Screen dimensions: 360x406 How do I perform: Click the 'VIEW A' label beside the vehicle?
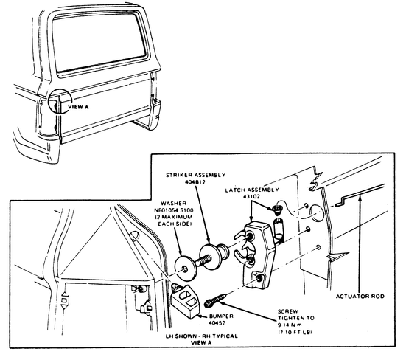(x=78, y=106)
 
